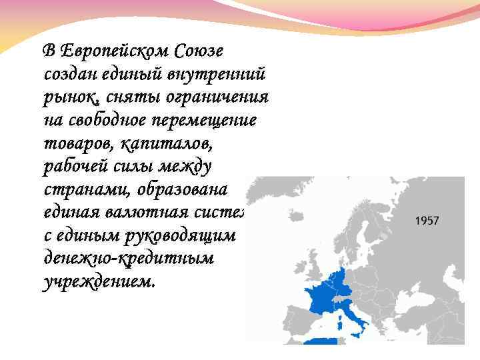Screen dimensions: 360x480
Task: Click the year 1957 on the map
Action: pos(427,221)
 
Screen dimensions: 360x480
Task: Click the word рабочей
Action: pos(79,167)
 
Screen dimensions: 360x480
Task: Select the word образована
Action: pos(183,189)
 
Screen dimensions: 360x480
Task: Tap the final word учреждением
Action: pos(97,282)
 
